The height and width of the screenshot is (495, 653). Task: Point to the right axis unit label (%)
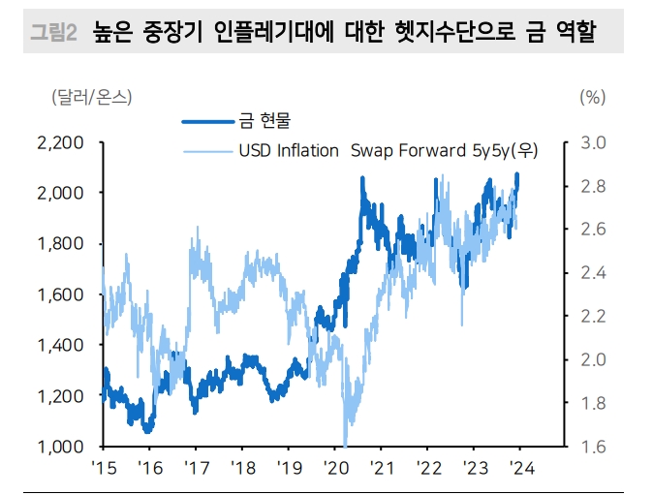(x=592, y=97)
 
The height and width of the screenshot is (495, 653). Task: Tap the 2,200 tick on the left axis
(x=60, y=143)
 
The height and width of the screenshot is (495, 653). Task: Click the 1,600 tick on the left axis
(x=60, y=294)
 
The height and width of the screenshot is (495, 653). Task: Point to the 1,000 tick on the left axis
(x=60, y=447)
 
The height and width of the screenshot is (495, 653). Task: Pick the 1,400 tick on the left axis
(x=60, y=346)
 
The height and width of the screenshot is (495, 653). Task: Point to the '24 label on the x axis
(x=520, y=468)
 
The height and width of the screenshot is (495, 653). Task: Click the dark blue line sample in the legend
(x=207, y=121)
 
